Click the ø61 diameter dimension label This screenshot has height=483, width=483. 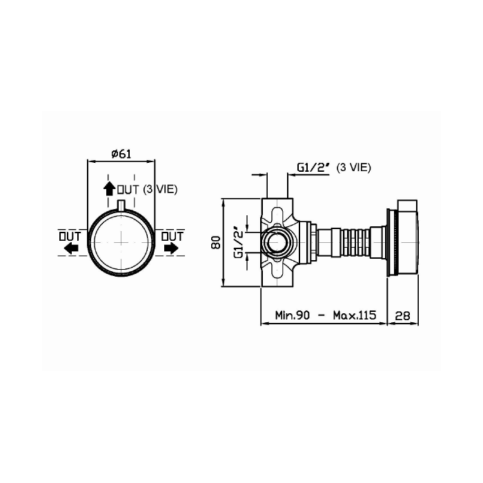[x=121, y=154]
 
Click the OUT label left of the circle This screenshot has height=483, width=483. [x=70, y=236]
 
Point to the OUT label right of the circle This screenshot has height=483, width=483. [x=172, y=236]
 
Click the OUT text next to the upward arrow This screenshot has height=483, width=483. [x=128, y=188]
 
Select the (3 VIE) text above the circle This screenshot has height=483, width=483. [x=158, y=188]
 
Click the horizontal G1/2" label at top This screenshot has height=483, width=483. [x=312, y=168]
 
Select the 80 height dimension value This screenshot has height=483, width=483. [x=215, y=243]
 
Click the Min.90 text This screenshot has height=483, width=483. [x=292, y=315]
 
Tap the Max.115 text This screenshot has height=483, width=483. [x=353, y=315]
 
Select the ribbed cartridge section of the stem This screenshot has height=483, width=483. [x=353, y=243]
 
